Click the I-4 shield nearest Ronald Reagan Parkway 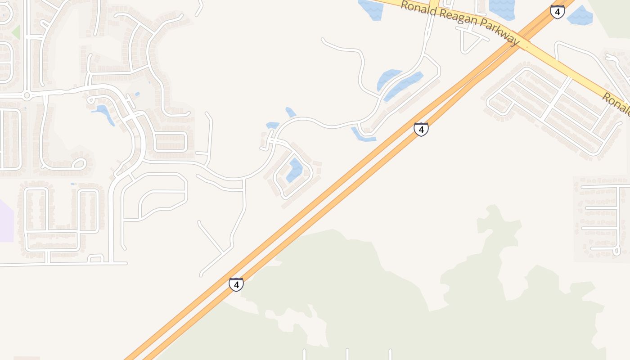point(557,12)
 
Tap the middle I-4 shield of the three point(421,129)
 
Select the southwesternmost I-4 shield point(236,284)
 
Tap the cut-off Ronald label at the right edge point(616,103)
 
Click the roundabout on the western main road point(27,95)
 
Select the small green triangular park point(16,32)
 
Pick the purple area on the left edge point(6,220)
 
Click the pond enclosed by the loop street point(295,170)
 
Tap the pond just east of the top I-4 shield point(580,16)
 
